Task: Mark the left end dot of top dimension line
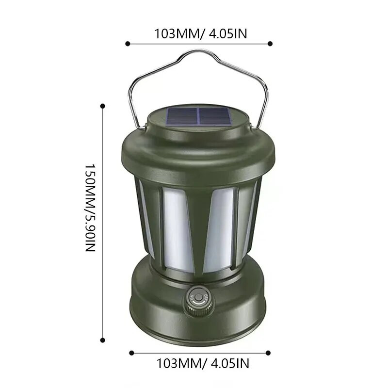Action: (128, 44)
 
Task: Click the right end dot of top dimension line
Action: (270, 44)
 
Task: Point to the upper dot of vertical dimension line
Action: (102, 105)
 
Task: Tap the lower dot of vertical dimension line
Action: (102, 340)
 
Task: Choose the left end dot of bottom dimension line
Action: (131, 353)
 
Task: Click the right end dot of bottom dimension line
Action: (268, 353)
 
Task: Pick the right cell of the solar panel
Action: (214, 117)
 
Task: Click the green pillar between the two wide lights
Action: (199, 228)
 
